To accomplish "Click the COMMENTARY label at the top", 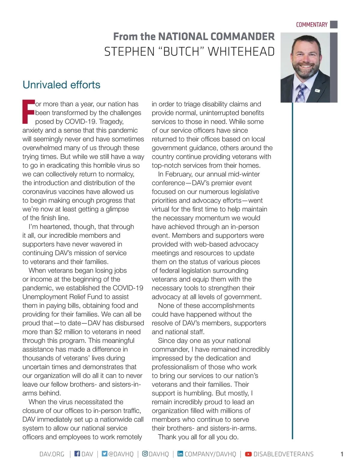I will pyautogui.click(x=311, y=25).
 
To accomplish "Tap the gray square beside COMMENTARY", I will pyautogui.click(x=334, y=24).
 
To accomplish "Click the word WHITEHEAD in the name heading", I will pyautogui.click(x=241, y=52).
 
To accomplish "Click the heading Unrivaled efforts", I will pyautogui.click(x=61, y=85).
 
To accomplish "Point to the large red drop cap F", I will pyautogui.click(x=28, y=112).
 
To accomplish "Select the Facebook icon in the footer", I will pyautogui.click(x=77, y=453).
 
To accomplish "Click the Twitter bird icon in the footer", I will pyautogui.click(x=104, y=453).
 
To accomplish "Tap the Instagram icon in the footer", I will pyautogui.click(x=145, y=453).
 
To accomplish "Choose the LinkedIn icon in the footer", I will pyautogui.click(x=180, y=453).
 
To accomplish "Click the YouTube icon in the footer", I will pyautogui.click(x=248, y=454).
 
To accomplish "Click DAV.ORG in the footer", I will pyautogui.click(x=52, y=454).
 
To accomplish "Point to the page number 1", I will pyautogui.click(x=342, y=454).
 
